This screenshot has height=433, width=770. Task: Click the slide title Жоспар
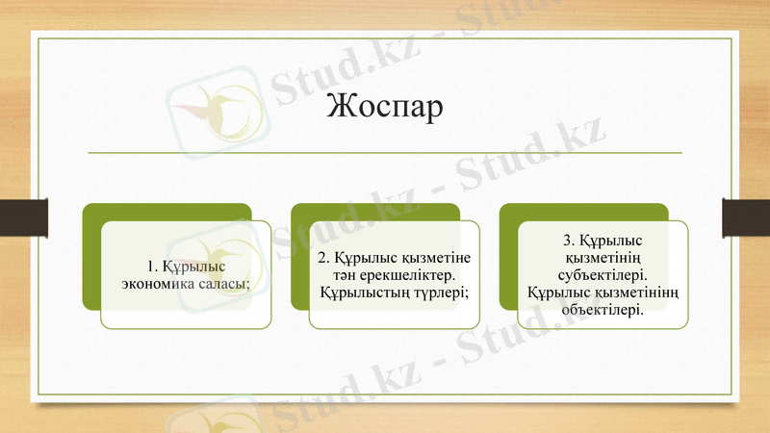(x=384, y=106)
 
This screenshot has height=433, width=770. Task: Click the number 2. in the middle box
(x=324, y=258)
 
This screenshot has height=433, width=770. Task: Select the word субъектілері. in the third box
(x=602, y=274)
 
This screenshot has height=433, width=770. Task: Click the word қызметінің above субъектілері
(x=602, y=258)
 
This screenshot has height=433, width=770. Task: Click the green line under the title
(x=384, y=153)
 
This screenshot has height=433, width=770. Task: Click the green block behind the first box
(x=91, y=260)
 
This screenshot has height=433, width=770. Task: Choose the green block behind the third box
(x=508, y=260)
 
